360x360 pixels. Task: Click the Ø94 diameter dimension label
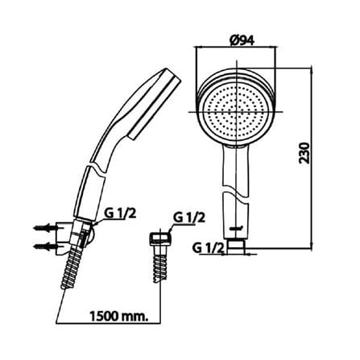pyautogui.click(x=242, y=40)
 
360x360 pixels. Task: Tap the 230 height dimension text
pyautogui.click(x=304, y=153)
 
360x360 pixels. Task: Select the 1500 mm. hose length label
pyautogui.click(x=119, y=316)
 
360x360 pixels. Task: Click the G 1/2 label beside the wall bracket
pyautogui.click(x=120, y=214)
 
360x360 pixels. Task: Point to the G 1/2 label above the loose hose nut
pyautogui.click(x=189, y=217)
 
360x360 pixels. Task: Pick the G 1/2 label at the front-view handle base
pyautogui.click(x=208, y=248)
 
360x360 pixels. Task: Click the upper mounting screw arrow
pyautogui.click(x=45, y=228)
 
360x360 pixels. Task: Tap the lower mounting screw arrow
pyautogui.click(x=45, y=246)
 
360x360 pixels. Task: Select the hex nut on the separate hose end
pyautogui.click(x=160, y=238)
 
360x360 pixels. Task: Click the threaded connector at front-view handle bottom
pyautogui.click(x=236, y=246)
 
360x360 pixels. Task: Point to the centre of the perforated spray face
pyautogui.click(x=236, y=111)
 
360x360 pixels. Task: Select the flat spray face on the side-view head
pyautogui.click(x=155, y=106)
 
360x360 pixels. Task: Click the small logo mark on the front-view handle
pyautogui.click(x=235, y=229)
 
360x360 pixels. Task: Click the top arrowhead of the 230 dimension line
pyautogui.click(x=311, y=69)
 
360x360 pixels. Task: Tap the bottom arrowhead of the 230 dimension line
pyautogui.click(x=311, y=246)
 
